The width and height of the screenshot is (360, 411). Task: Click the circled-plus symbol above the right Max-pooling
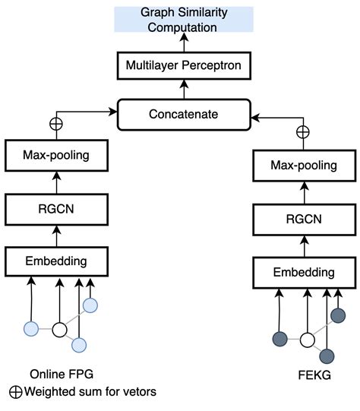coord(303,131)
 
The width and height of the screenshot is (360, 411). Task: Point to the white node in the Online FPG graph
coord(60,330)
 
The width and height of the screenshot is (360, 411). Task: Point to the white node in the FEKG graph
coord(308,340)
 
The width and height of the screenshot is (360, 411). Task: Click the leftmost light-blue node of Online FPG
coord(31,329)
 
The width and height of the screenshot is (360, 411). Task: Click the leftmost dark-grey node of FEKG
coord(280,339)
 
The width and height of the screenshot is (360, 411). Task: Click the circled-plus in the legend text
coord(15,392)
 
